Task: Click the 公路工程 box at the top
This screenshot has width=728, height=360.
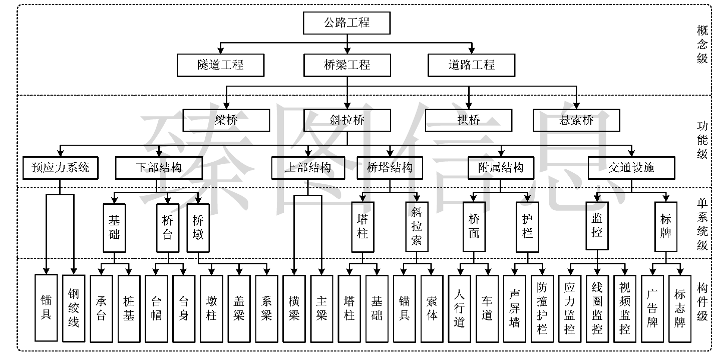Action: pyautogui.click(x=347, y=23)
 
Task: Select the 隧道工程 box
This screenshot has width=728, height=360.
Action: pyautogui.click(x=221, y=65)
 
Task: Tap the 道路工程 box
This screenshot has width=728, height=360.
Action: pyautogui.click(x=472, y=65)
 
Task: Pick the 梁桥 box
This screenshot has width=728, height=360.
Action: pyautogui.click(x=226, y=120)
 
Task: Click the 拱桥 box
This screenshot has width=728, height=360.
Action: pyautogui.click(x=469, y=120)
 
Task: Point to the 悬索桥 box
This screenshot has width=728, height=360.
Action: pyautogui.click(x=577, y=120)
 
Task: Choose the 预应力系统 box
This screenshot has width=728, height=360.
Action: pyautogui.click(x=61, y=168)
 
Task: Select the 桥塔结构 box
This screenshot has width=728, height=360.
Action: pyautogui.click(x=390, y=168)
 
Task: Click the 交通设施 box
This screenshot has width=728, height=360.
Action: pyautogui.click(x=631, y=168)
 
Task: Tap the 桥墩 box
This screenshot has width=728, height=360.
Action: pyautogui.click(x=198, y=228)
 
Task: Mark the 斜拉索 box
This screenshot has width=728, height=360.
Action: pyautogui.click(x=417, y=227)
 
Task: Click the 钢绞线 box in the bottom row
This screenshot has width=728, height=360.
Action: pyautogui.click(x=74, y=308)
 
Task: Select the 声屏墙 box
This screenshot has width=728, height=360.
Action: pyautogui.click(x=515, y=309)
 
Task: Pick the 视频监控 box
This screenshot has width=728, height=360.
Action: pyautogui.click(x=625, y=309)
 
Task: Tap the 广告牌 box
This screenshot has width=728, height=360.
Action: pyautogui.click(x=652, y=309)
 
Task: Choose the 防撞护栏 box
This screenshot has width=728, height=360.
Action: pyautogui.click(x=542, y=309)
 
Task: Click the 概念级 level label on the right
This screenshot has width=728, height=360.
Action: pyautogui.click(x=702, y=45)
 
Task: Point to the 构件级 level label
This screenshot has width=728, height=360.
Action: pyautogui.click(x=702, y=302)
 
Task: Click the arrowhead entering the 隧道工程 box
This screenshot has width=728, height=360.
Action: pyautogui.click(x=221, y=51)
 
